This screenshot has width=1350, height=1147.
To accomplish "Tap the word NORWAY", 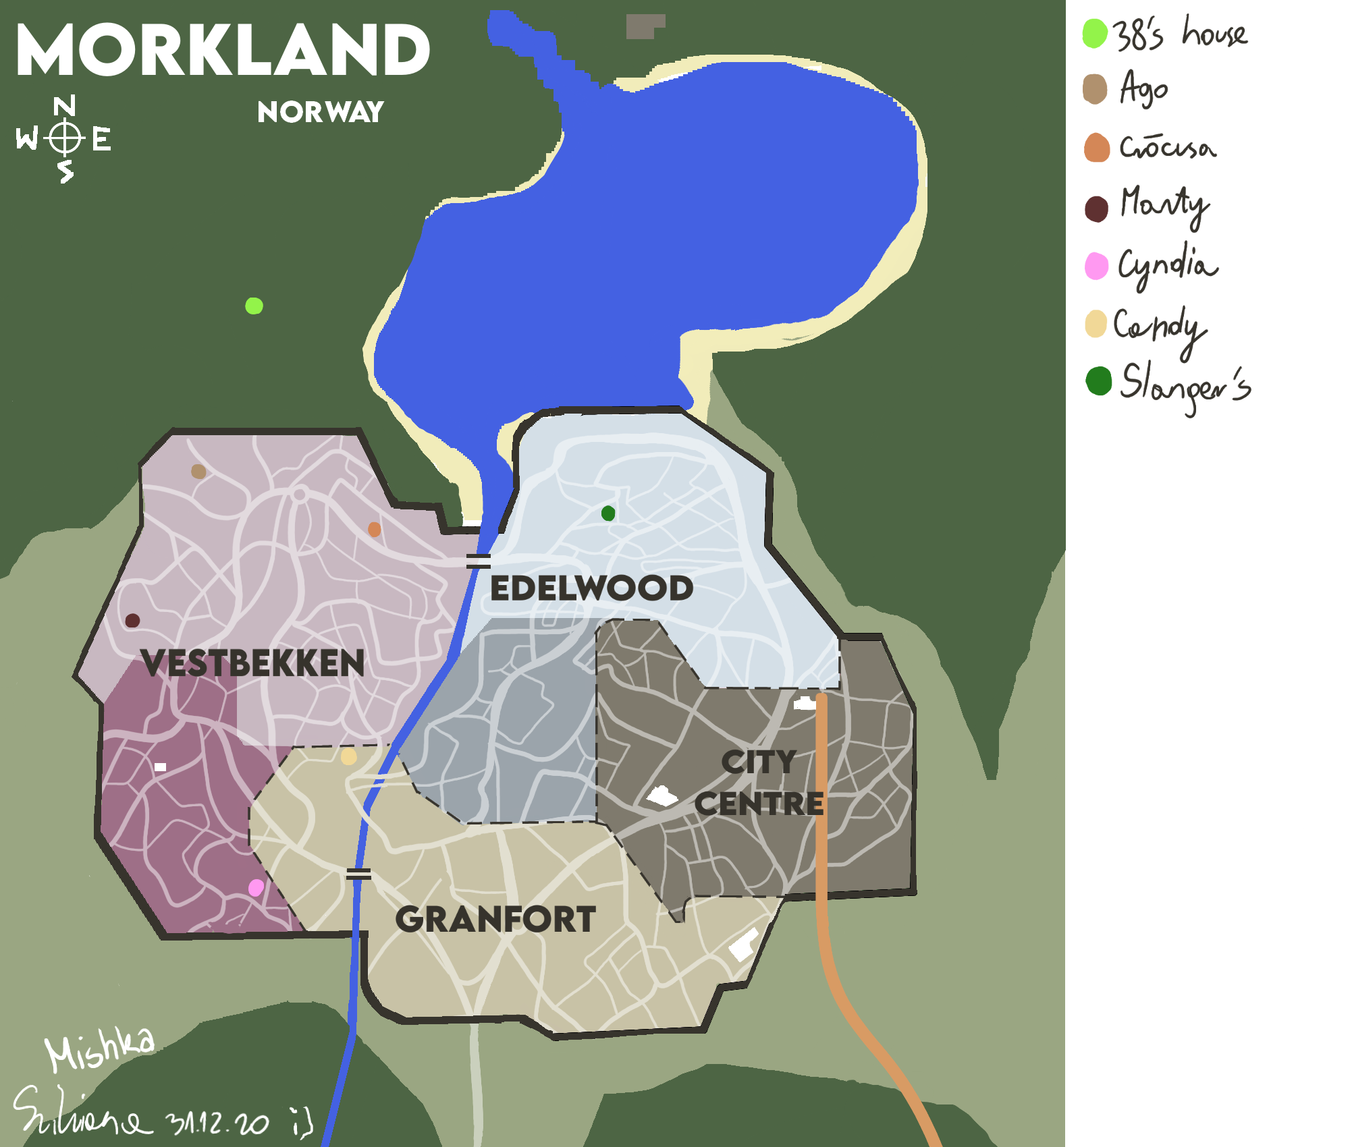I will (321, 112).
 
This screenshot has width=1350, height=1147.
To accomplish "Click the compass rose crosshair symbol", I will (65, 138).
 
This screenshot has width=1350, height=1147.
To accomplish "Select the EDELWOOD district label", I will (591, 588).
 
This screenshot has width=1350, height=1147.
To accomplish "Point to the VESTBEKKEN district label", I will (253, 663).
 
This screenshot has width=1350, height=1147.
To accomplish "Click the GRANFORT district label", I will (495, 920).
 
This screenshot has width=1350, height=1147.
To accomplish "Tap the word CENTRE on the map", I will (759, 804).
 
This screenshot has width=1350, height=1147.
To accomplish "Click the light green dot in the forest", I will (254, 306).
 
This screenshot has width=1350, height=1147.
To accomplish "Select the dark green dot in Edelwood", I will (608, 513).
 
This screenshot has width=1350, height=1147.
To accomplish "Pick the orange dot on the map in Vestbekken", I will (374, 530).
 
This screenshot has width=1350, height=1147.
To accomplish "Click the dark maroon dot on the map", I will (132, 621).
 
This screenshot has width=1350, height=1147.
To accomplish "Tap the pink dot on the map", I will (256, 888).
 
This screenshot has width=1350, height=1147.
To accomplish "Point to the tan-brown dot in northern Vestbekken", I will (198, 471).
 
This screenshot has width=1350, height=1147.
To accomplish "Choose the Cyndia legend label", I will (1168, 265).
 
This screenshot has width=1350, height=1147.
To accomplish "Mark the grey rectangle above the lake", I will (645, 26).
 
